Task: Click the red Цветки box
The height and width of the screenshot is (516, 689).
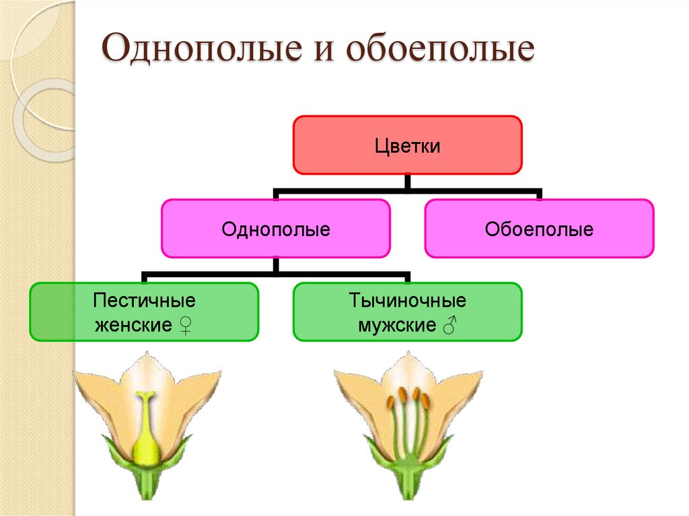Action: [x=407, y=145]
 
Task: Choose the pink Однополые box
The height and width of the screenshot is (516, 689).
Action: [x=275, y=228]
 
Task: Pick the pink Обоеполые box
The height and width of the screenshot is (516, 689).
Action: [x=539, y=228]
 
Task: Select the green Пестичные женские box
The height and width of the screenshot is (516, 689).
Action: [x=144, y=311]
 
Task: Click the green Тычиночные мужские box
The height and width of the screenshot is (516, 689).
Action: [x=407, y=311]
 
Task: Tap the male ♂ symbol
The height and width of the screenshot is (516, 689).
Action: [x=449, y=326]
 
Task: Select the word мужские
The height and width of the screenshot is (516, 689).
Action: [x=396, y=326]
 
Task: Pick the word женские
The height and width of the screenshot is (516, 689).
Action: [x=133, y=326]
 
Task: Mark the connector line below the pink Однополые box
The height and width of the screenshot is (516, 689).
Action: [x=275, y=273]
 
